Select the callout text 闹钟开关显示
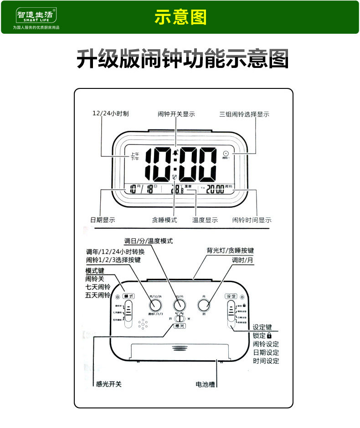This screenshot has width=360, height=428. pos(176,114)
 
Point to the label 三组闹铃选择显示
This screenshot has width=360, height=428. pos(244,114)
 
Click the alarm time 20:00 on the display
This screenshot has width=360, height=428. pos(215,189)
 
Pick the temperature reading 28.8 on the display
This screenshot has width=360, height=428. pos(178,190)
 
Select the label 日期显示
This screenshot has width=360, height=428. pos(103,220)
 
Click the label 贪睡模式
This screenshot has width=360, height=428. pos(164,220)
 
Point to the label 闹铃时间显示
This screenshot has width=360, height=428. pos(252,220)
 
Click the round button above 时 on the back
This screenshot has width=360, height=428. pos(203,305)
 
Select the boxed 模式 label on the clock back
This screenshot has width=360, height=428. pos(129,296)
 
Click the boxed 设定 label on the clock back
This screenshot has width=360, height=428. pos(231,296)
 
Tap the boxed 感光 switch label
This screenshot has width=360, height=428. pos(180,326)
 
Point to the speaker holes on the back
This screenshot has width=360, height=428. pos(143,325)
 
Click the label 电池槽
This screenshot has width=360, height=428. pos(205,384)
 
